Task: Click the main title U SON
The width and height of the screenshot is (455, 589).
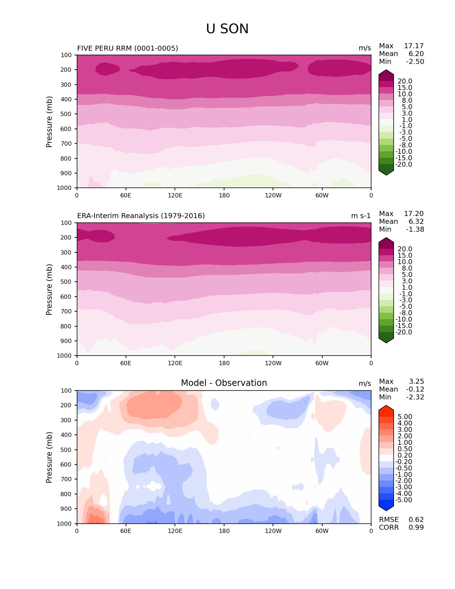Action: click(227, 29)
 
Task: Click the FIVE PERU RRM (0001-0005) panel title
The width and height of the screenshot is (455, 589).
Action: click(127, 48)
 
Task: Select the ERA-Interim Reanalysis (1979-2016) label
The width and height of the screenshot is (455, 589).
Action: click(141, 216)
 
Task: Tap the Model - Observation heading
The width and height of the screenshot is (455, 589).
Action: click(224, 383)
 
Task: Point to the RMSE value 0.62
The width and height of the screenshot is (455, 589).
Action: click(416, 520)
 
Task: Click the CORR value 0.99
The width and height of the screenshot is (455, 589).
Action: click(416, 528)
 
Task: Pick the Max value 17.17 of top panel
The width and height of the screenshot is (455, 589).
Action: click(414, 46)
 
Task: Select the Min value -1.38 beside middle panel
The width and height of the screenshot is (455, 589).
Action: click(415, 230)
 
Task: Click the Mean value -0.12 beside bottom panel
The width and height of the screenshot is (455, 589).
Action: click(415, 389)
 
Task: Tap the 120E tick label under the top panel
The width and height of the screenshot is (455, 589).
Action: click(175, 196)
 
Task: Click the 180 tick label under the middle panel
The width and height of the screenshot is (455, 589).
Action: click(224, 363)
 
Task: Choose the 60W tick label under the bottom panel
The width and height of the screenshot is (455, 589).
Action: click(322, 531)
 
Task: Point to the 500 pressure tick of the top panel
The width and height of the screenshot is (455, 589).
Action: click(67, 114)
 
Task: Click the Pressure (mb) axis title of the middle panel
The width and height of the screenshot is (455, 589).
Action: click(49, 290)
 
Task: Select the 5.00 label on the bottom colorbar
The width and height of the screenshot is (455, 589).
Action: click(405, 417)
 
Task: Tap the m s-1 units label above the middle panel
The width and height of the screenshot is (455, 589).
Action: click(361, 216)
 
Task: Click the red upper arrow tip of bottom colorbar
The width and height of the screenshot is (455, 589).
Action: click(386, 408)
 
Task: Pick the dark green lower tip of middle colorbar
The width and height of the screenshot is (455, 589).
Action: click(386, 341)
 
